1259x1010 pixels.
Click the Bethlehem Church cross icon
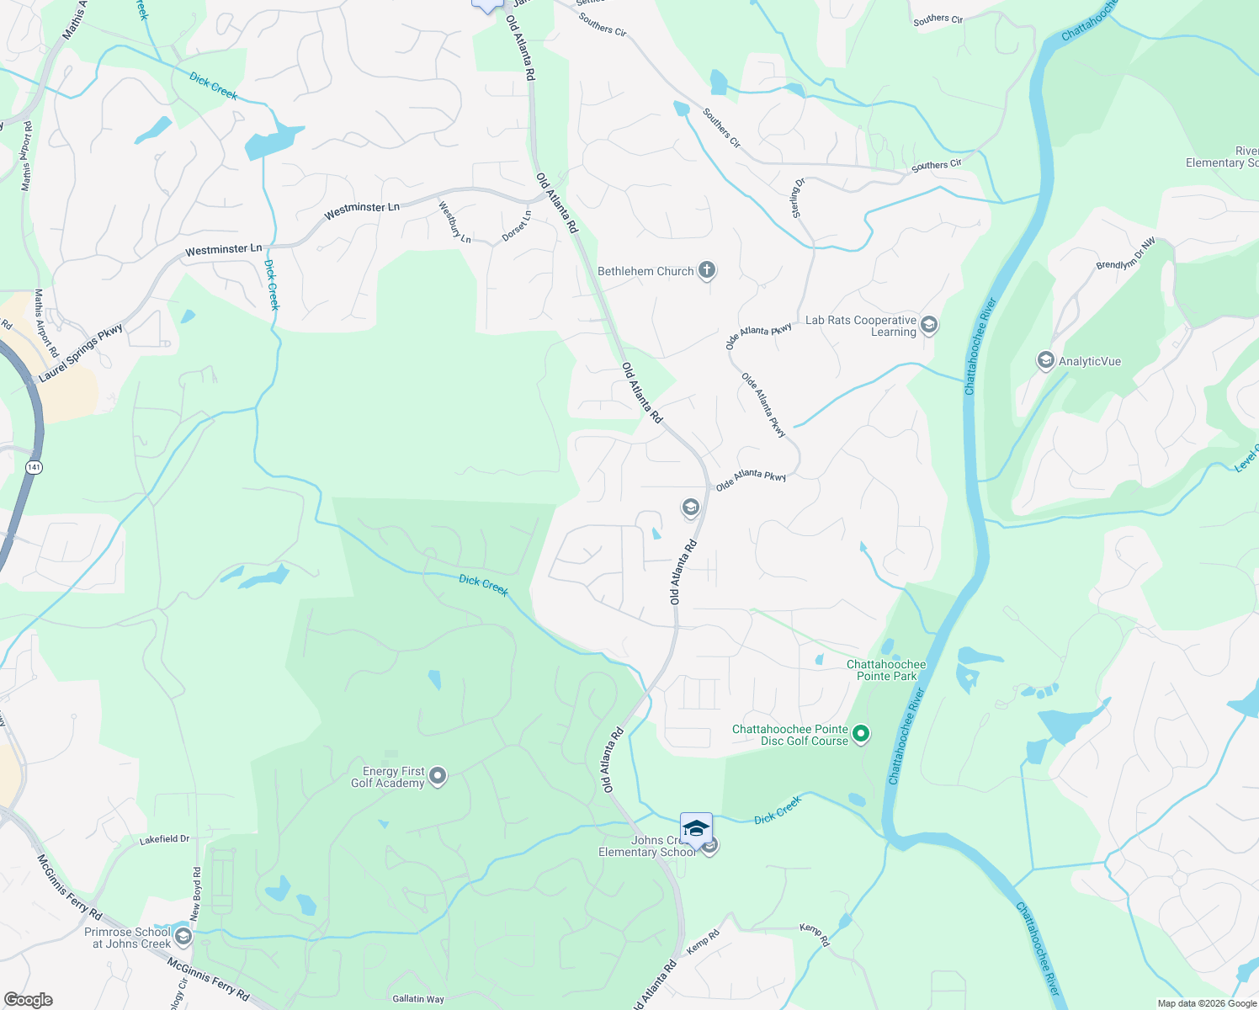[707, 271]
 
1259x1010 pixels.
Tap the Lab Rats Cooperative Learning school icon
[929, 325]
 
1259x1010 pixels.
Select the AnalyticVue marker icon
[1045, 361]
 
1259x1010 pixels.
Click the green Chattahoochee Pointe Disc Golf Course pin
[861, 735]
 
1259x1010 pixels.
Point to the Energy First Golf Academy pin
[438, 776]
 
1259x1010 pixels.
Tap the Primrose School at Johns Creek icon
[183, 937]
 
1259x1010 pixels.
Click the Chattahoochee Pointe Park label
[886, 670]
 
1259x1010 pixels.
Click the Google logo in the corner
[28, 1000]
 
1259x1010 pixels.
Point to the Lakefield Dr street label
[165, 839]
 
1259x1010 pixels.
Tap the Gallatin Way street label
[418, 999]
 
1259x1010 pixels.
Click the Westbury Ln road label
[454, 221]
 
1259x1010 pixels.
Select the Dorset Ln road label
[517, 226]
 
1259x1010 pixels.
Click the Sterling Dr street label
[799, 198]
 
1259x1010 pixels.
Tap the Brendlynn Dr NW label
[1125, 253]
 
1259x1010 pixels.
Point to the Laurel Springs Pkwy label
[81, 353]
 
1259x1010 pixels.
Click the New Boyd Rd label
[197, 893]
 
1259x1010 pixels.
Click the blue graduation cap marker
[696, 829]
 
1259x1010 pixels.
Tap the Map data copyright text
[1207, 1003]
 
